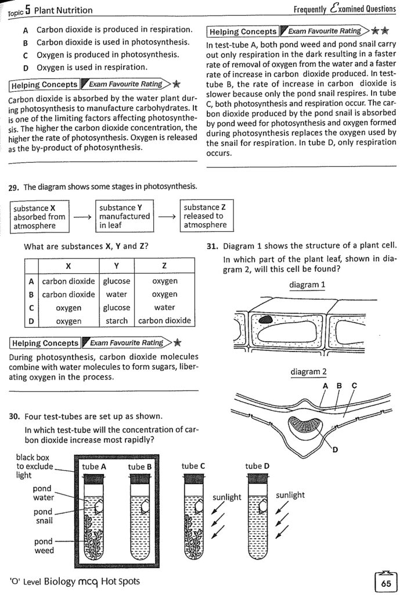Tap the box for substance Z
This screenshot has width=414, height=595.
(204, 216)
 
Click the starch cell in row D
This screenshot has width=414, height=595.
(117, 321)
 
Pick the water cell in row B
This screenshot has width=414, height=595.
(117, 295)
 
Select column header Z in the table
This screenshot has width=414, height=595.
(164, 266)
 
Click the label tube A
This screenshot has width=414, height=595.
(94, 467)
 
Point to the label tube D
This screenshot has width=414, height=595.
(257, 466)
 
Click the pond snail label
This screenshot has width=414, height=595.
(43, 516)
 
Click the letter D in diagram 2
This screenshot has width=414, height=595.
(335, 454)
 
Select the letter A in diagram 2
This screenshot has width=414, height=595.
(324, 385)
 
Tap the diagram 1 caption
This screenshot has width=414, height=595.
(307, 285)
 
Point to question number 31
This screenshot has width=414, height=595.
(213, 246)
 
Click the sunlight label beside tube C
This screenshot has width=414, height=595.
(227, 497)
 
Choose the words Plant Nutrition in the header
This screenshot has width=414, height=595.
(63, 10)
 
